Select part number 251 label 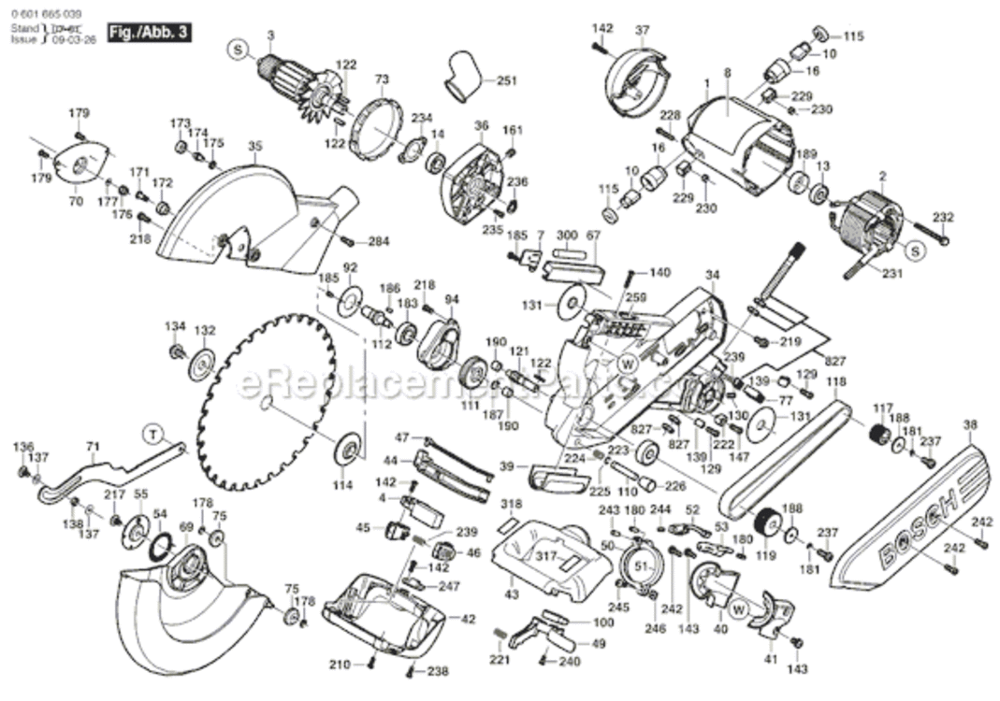pos(506,81)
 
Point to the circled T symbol pos(153,432)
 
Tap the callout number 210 pos(339,665)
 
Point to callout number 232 pos(943,217)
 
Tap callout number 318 pos(511,504)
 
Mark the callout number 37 pos(642,30)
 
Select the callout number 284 pos(378,242)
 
